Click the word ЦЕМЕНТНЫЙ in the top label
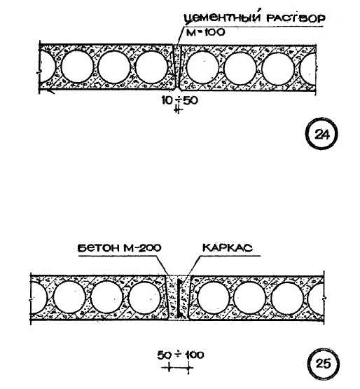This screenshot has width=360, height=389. (222, 18)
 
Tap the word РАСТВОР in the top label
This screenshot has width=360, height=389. (295, 18)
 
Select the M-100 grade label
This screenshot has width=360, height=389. (205, 32)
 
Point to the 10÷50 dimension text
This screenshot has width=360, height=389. (180, 100)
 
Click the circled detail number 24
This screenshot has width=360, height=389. (322, 135)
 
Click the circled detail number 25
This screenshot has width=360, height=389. (324, 364)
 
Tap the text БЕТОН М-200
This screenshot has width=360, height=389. (120, 248)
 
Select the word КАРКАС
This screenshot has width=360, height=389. (228, 248)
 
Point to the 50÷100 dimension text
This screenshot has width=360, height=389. (181, 355)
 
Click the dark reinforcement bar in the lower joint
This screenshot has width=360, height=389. (179, 299)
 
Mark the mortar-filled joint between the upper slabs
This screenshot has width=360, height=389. (177, 67)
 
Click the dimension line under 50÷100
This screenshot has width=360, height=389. (177, 367)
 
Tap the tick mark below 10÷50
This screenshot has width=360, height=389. (177, 109)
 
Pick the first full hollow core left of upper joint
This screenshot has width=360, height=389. (152, 67)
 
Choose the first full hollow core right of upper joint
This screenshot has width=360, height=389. (202, 67)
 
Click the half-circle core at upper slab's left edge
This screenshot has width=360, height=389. (47, 67)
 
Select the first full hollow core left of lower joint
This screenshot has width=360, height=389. (145, 297)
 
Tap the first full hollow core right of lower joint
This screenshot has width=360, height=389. (213, 297)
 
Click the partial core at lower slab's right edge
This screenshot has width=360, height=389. (316, 299)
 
